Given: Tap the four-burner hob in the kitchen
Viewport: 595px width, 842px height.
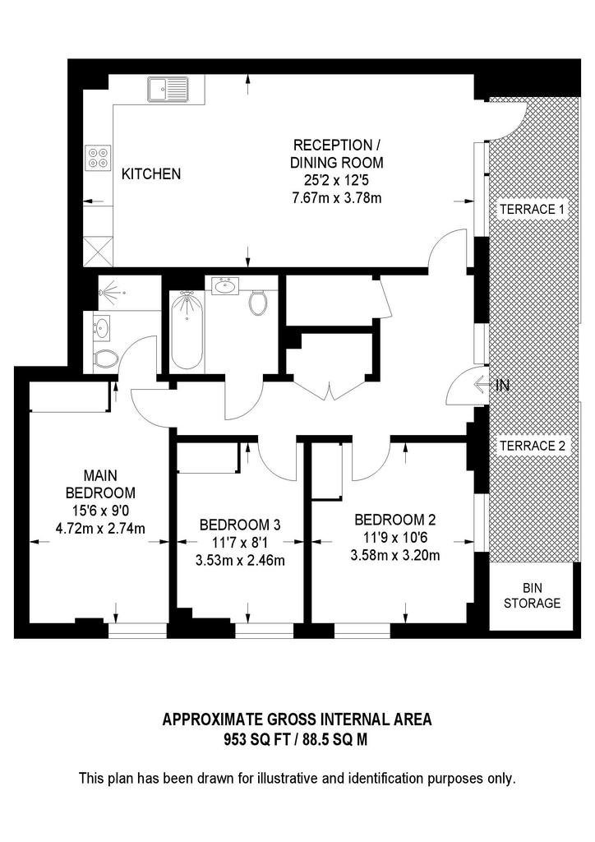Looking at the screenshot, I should point(98,157).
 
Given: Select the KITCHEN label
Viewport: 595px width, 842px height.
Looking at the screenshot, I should point(151,174).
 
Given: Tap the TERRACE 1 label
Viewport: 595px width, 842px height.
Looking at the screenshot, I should point(533,209).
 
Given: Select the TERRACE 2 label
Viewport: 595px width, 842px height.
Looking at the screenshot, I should point(533,446).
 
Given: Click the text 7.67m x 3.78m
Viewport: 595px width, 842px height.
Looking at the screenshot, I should point(338,198).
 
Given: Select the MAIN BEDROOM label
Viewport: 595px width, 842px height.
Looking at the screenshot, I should point(100,483).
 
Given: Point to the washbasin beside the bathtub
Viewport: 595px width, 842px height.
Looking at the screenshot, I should point(223,286).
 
